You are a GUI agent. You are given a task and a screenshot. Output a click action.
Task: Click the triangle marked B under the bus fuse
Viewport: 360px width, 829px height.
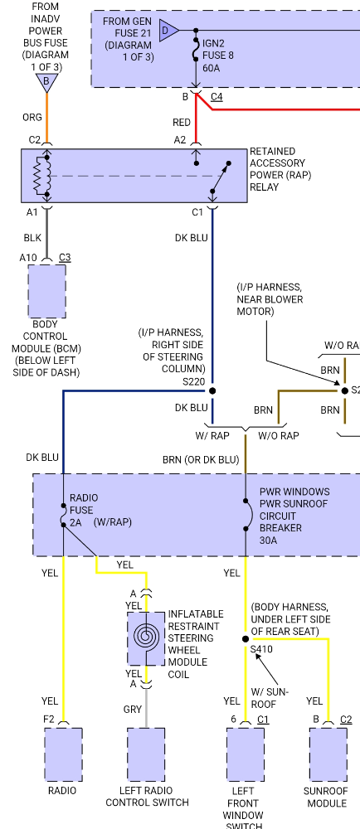click(47, 82)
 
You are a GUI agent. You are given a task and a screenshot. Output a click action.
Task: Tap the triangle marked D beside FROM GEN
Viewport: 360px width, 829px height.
click(168, 30)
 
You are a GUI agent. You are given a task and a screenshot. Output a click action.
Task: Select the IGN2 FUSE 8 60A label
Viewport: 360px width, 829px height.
click(218, 55)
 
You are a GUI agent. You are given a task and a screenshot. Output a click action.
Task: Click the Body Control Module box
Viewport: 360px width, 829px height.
click(47, 291)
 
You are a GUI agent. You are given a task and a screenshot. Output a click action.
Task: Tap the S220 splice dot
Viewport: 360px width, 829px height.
click(212, 390)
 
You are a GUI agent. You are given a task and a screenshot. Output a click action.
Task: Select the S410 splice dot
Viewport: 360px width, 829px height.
click(246, 638)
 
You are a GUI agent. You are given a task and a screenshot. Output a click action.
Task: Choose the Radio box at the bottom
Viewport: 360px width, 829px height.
click(63, 754)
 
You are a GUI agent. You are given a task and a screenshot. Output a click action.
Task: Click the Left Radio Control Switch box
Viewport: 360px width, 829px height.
click(146, 754)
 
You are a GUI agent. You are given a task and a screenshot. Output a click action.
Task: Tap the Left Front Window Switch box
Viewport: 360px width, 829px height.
click(246, 754)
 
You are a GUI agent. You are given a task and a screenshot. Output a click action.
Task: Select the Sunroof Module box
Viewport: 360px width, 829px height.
click(328, 754)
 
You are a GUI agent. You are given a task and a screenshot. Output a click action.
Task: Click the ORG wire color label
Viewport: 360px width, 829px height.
click(32, 118)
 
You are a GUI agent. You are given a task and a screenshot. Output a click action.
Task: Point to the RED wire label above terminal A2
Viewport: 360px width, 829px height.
click(182, 123)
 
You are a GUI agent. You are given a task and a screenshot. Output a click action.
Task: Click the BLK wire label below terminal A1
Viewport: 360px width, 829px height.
click(32, 238)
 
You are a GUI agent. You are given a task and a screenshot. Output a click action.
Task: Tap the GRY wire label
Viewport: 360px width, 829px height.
click(132, 710)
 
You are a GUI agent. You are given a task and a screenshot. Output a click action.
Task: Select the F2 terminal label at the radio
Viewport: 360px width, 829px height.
click(49, 719)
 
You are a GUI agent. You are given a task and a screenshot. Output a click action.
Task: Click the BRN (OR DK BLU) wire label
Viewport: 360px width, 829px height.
click(201, 460)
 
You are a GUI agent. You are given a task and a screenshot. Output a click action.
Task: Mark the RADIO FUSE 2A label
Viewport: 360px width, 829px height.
click(83, 510)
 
